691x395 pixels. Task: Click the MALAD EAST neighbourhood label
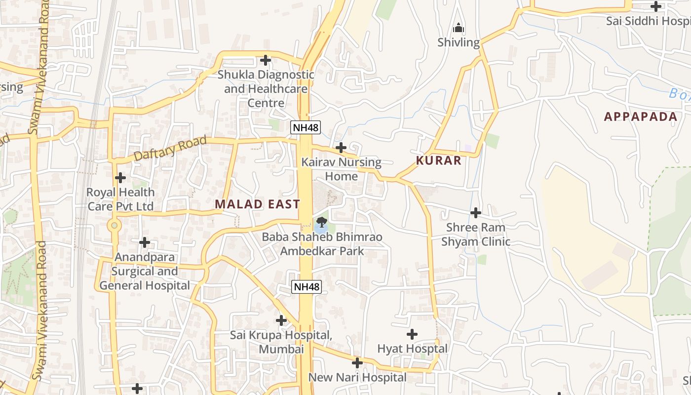tap(257, 204)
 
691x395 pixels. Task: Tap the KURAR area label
tap(439, 160)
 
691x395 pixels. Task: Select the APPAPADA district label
tap(641, 117)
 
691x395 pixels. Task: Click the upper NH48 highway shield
tap(306, 127)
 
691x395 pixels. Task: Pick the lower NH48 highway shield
tap(307, 286)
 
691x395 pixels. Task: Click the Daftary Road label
tap(171, 148)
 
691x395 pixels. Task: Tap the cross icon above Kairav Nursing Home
tap(341, 147)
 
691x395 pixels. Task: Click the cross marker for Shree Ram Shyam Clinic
tap(476, 213)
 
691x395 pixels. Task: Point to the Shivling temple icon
tap(459, 28)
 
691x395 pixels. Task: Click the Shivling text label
tap(459, 42)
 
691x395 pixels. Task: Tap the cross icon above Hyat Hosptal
tap(412, 334)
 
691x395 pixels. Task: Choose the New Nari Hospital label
tap(357, 378)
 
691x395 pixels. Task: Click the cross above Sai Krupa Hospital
tap(281, 320)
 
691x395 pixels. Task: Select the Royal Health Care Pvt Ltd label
tap(120, 199)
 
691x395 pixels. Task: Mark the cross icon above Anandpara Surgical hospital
tap(144, 242)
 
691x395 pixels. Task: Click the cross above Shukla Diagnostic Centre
tap(266, 60)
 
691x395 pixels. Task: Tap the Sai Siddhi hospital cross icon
tap(656, 6)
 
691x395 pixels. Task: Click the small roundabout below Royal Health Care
tap(115, 226)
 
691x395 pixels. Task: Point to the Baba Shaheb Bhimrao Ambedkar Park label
tap(322, 244)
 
